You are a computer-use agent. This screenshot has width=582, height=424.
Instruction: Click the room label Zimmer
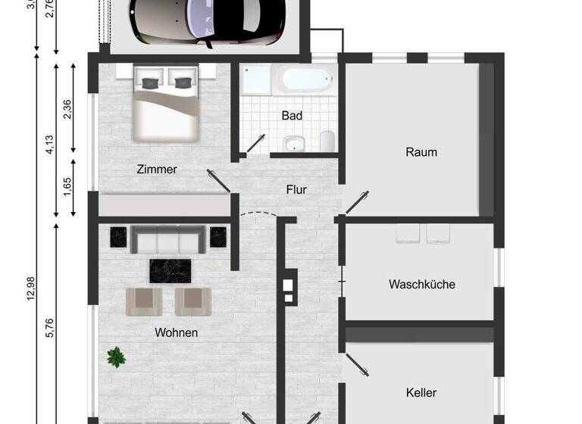click(x=157, y=170)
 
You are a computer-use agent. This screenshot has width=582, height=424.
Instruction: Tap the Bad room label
click(x=292, y=116)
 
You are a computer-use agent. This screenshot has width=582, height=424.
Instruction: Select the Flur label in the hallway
click(x=296, y=190)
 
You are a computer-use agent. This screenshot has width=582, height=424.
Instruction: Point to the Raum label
click(x=421, y=151)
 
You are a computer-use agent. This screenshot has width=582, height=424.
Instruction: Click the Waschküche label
click(x=421, y=285)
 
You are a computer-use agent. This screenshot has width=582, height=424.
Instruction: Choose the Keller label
click(x=421, y=393)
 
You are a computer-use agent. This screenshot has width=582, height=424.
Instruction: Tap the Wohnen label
click(x=177, y=332)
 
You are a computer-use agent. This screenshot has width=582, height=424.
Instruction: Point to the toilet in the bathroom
click(x=327, y=142)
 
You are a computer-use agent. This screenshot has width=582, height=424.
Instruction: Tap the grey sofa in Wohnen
click(x=169, y=240)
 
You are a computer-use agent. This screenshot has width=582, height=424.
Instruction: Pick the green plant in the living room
click(x=116, y=356)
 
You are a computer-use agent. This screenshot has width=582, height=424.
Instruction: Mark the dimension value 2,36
click(x=67, y=109)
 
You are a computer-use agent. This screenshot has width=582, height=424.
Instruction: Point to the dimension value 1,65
click(x=67, y=185)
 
